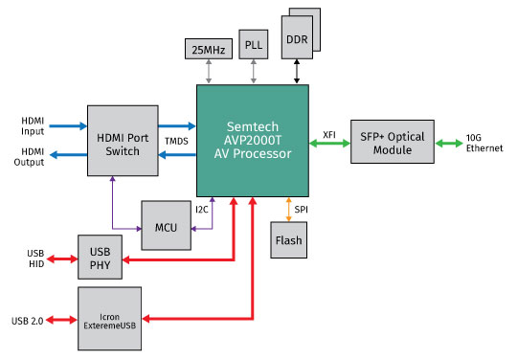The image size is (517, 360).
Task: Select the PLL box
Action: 255,43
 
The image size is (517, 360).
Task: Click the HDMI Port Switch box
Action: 123,139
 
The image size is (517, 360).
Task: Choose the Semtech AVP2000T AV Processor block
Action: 253,139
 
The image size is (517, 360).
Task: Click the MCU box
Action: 166,228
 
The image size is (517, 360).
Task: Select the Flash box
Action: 289,239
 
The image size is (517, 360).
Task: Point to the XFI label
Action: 328,134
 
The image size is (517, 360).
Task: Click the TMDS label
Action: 177,142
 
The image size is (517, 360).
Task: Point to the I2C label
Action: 202,208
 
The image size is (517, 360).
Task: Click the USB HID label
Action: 35,259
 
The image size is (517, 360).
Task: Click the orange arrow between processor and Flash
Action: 288,208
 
